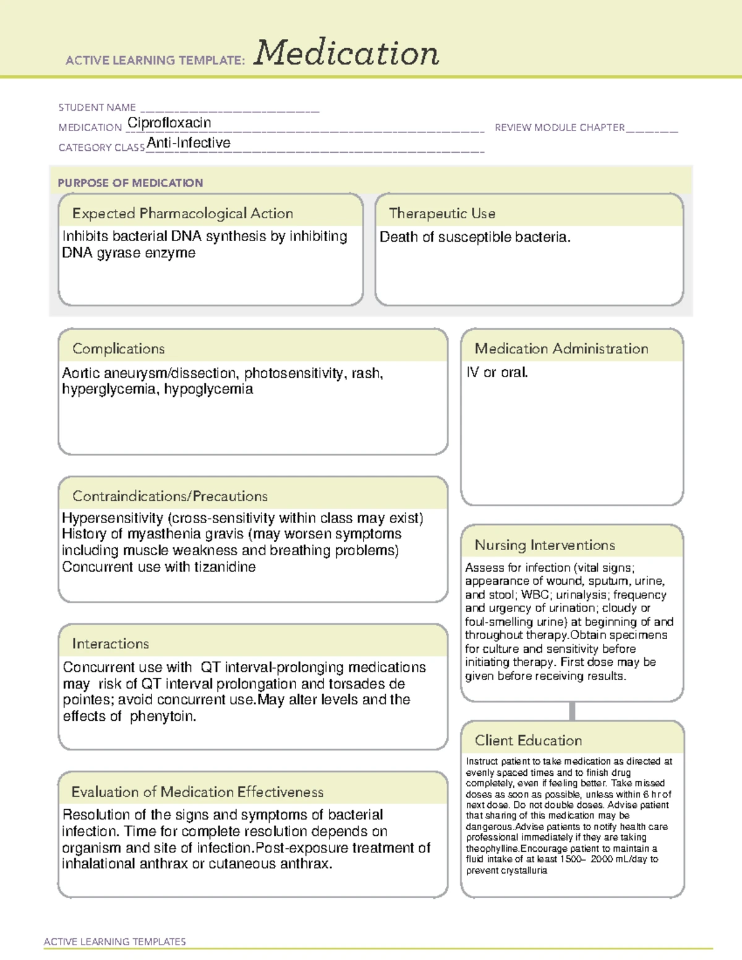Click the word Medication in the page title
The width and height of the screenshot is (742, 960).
[346, 53]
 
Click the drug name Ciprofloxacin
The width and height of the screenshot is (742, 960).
[169, 123]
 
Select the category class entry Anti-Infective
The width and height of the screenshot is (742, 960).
[189, 143]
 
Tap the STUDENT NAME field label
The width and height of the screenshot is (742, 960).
[97, 108]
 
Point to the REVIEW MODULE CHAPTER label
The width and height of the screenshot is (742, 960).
[560, 127]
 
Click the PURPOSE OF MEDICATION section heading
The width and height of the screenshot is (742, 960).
[130, 183]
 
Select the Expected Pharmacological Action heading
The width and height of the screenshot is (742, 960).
[182, 213]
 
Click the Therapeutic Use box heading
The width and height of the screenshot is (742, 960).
[442, 213]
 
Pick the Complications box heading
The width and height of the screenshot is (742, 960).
[118, 349]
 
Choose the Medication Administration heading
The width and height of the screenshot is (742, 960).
[561, 349]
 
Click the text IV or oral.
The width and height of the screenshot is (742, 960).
[497, 373]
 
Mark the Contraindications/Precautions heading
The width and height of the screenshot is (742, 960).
[170, 496]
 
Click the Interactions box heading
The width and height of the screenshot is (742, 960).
[110, 644]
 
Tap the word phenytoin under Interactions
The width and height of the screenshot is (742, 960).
[163, 716]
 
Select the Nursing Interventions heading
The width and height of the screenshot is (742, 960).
[545, 545]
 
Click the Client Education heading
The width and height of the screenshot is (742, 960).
[528, 741]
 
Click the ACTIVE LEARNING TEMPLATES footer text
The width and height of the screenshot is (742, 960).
[115, 941]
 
